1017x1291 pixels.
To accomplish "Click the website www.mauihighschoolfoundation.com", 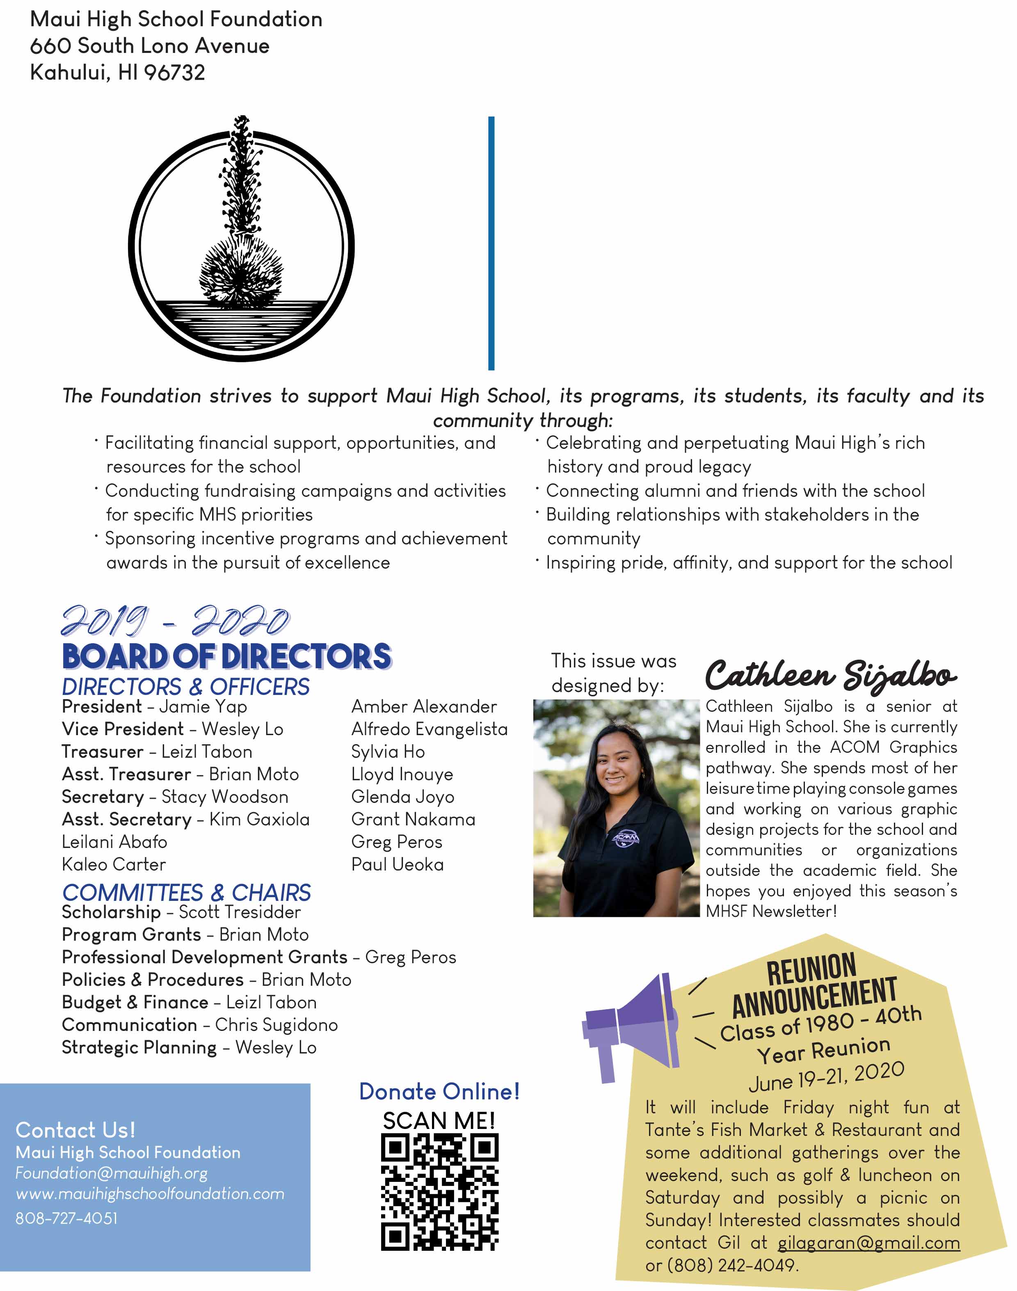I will pos(150,1193).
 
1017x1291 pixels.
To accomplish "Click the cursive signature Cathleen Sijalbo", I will pos(831,675).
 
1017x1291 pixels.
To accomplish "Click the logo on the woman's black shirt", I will pos(626,838).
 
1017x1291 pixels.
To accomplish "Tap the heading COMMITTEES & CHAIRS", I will pos(186,893).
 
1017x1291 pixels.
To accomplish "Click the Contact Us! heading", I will pos(75,1130).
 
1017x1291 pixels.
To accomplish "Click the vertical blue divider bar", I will pos(491,243).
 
